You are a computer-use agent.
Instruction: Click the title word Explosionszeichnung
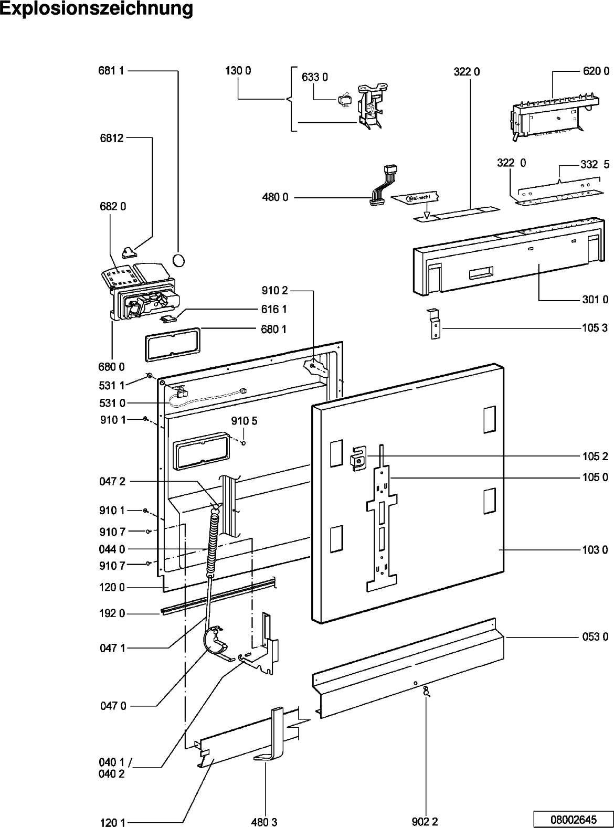click(96, 10)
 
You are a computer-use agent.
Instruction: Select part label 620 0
click(596, 71)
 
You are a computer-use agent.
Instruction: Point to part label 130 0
click(238, 71)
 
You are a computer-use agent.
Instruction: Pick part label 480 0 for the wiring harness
click(276, 198)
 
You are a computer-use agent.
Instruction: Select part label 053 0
click(596, 637)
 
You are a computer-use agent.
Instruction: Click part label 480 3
click(264, 822)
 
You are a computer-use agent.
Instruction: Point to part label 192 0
click(112, 613)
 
